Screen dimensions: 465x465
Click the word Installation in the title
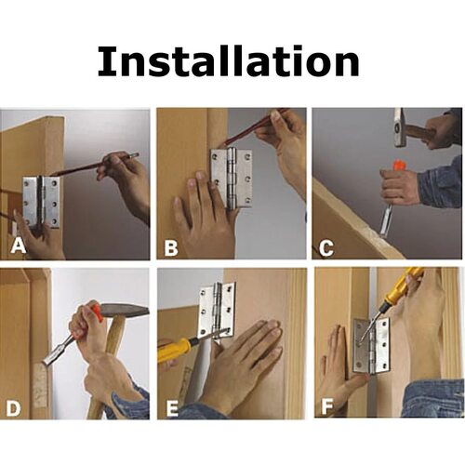229,60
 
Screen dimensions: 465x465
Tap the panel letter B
171,247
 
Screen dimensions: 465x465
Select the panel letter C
326,247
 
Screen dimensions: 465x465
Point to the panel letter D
13,407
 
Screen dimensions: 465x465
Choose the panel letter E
172,407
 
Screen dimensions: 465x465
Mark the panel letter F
327,406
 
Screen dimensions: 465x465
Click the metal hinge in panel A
41,203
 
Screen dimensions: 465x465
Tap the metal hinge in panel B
232,178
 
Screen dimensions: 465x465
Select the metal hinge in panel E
216,310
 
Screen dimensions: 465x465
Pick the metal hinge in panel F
372,345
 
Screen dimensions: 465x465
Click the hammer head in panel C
400,127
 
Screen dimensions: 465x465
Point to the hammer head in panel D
125,311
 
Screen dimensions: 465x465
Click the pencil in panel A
94,164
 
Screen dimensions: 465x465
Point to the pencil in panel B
255,127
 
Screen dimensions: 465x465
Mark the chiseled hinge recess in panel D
41,385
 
